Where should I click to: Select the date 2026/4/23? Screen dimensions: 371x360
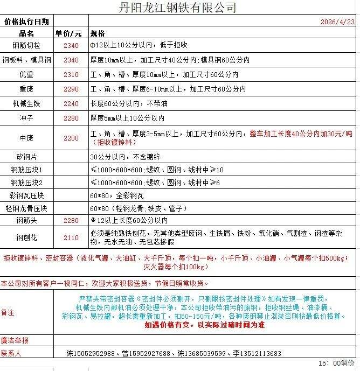click(337, 22)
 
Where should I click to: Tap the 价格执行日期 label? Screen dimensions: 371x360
click(26, 22)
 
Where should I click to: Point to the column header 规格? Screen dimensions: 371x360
click(98, 33)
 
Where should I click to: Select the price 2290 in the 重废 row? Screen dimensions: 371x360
click(71, 89)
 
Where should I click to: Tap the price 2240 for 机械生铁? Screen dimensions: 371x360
click(71, 103)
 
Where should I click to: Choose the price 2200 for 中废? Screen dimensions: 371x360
click(71, 138)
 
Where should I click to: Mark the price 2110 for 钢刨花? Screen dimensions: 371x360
click(71, 238)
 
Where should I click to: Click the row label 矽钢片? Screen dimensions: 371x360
click(26, 157)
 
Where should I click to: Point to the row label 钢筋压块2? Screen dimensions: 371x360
click(26, 183)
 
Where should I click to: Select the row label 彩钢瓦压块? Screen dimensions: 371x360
click(26, 195)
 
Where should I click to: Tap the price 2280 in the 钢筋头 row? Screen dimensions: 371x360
click(71, 221)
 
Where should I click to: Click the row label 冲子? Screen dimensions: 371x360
click(26, 118)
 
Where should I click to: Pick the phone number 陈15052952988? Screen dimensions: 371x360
click(91, 354)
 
